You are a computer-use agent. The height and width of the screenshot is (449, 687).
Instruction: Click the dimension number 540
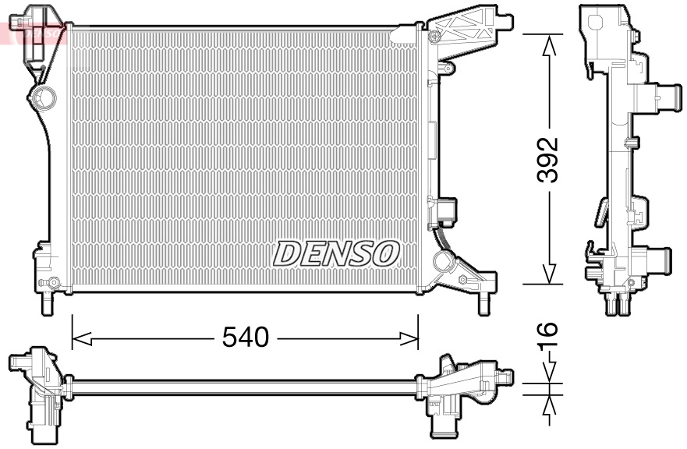coord(245,338)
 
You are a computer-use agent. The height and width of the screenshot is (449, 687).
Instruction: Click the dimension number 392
coord(550,159)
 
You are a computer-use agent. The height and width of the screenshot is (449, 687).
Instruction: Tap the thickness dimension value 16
coord(550,331)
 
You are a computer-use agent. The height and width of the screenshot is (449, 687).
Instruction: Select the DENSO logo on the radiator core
coord(336,253)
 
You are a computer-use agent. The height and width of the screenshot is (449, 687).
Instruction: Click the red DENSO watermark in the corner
coord(31,31)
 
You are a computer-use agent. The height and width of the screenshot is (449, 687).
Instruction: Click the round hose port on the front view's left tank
coord(44,97)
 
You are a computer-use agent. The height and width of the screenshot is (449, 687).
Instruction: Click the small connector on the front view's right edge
coord(448,210)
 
